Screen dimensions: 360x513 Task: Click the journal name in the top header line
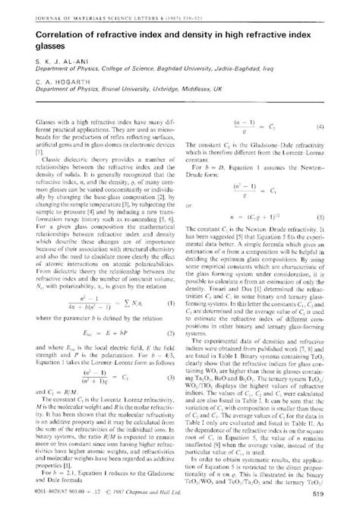tap(91, 7)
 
